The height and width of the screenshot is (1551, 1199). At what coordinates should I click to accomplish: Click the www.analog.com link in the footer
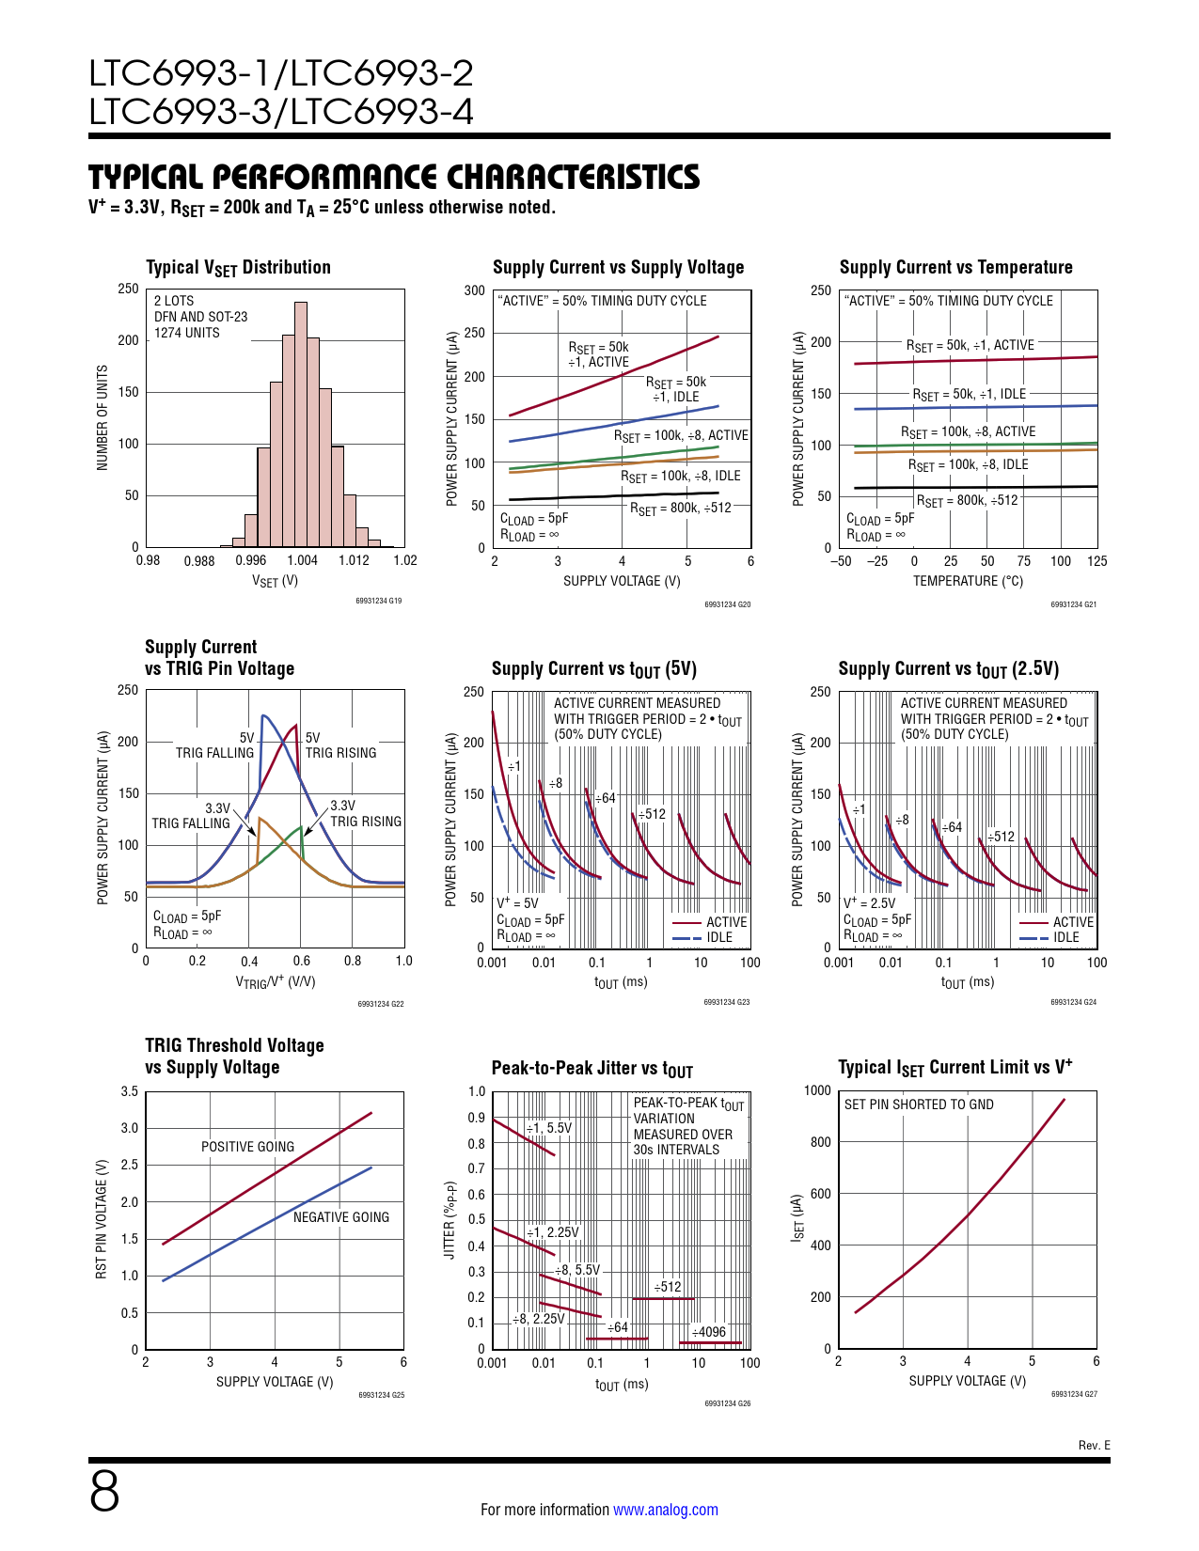(665, 1510)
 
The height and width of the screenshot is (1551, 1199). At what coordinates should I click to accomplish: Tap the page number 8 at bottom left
(104, 1491)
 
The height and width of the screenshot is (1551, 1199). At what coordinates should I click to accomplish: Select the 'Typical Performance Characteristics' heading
(394, 177)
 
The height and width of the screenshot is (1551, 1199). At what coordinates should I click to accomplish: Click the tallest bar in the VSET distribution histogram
(301, 423)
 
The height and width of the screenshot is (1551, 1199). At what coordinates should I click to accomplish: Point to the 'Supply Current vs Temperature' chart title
(955, 267)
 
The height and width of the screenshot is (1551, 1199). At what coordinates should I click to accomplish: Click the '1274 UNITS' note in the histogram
(187, 333)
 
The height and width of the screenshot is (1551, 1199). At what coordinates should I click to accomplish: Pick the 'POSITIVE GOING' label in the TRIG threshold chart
(247, 1147)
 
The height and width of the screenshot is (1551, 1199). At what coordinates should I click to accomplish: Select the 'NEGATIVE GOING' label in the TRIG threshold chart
(340, 1217)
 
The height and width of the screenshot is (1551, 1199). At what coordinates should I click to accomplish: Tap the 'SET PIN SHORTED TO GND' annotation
(919, 1104)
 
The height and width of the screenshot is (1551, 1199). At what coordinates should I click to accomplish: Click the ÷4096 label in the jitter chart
(708, 1332)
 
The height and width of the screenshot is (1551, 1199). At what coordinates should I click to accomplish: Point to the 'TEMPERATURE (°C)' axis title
(968, 581)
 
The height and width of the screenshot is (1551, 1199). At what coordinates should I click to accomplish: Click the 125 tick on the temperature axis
(1096, 561)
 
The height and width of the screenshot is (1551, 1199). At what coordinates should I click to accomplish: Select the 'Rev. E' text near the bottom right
(1094, 1446)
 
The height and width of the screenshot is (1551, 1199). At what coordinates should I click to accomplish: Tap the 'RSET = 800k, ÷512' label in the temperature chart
(967, 501)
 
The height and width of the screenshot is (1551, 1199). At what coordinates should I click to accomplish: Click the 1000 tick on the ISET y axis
(818, 1090)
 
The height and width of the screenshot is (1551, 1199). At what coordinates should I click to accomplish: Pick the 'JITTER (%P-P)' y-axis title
(450, 1220)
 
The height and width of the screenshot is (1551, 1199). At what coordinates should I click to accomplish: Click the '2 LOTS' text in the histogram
(174, 301)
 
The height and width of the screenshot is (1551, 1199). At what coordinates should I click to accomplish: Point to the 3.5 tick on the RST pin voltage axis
(130, 1091)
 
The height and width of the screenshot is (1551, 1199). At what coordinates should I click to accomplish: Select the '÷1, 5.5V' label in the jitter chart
(548, 1128)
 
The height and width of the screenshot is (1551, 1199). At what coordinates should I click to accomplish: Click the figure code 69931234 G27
(1074, 1394)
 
